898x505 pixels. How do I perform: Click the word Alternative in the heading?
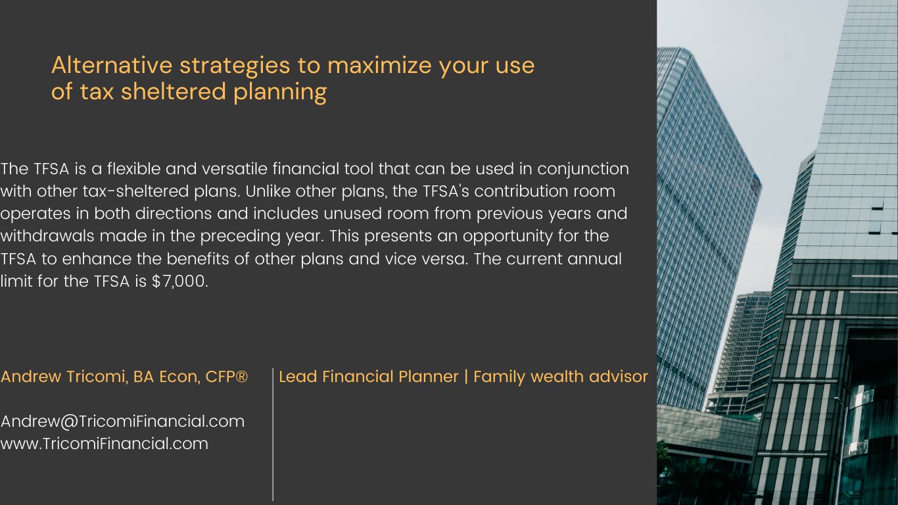(x=112, y=65)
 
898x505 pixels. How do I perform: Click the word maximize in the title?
(x=379, y=65)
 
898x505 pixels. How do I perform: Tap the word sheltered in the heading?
(x=173, y=91)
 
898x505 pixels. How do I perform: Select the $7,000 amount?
(x=179, y=281)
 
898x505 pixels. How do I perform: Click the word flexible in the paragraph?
(x=133, y=169)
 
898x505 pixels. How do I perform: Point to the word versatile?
(x=235, y=169)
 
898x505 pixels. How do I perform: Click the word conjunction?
(x=583, y=170)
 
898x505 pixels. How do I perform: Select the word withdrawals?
(x=47, y=236)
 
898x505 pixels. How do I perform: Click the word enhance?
(x=97, y=259)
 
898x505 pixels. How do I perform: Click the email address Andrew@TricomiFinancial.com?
(x=122, y=421)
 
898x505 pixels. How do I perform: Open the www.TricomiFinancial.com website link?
(x=105, y=444)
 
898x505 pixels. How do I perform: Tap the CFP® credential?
(x=227, y=377)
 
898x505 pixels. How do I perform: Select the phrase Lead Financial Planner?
(x=368, y=377)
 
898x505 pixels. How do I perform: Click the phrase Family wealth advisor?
(x=561, y=377)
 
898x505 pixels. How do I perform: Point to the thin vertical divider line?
(x=273, y=435)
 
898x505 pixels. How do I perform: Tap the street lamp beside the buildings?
(x=842, y=449)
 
